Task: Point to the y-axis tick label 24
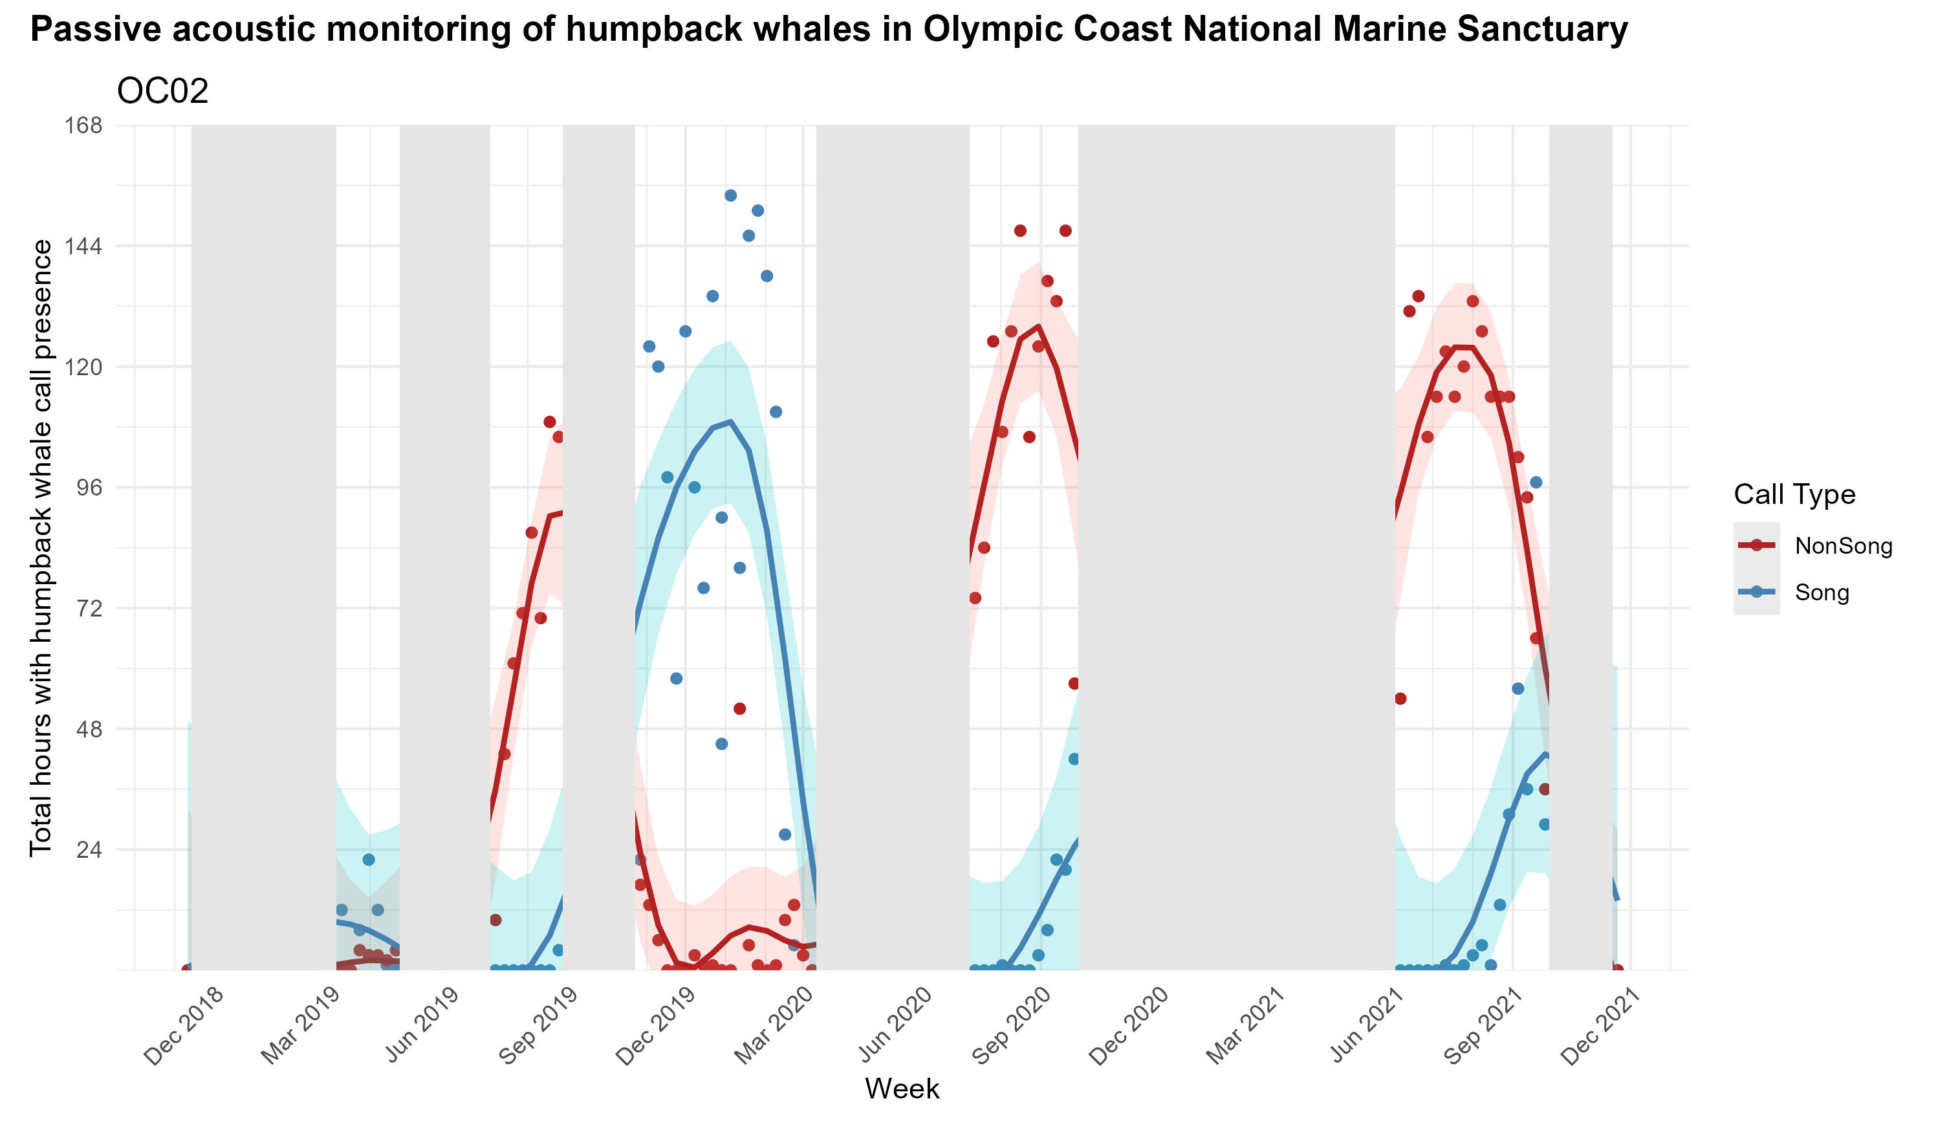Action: coord(89,850)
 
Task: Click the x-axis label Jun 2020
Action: coord(895,1027)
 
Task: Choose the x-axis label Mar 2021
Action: coord(1246,1027)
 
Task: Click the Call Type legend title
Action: coord(1794,495)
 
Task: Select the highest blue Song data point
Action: coord(730,195)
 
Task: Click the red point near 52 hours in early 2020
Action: coord(740,708)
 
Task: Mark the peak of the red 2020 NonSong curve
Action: coord(1038,326)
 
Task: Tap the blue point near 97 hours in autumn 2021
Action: coord(1536,483)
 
